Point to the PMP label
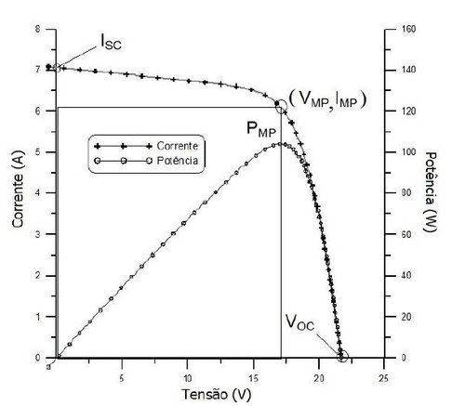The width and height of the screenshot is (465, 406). (x=261, y=129)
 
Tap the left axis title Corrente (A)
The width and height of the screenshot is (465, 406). (x=15, y=194)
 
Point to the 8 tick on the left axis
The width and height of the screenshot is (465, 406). (x=38, y=30)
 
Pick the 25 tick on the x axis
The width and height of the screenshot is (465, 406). (x=384, y=377)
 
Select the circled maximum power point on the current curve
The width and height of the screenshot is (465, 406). (x=282, y=107)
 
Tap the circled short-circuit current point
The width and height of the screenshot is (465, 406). (x=57, y=67)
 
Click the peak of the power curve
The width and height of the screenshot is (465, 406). (x=279, y=144)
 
